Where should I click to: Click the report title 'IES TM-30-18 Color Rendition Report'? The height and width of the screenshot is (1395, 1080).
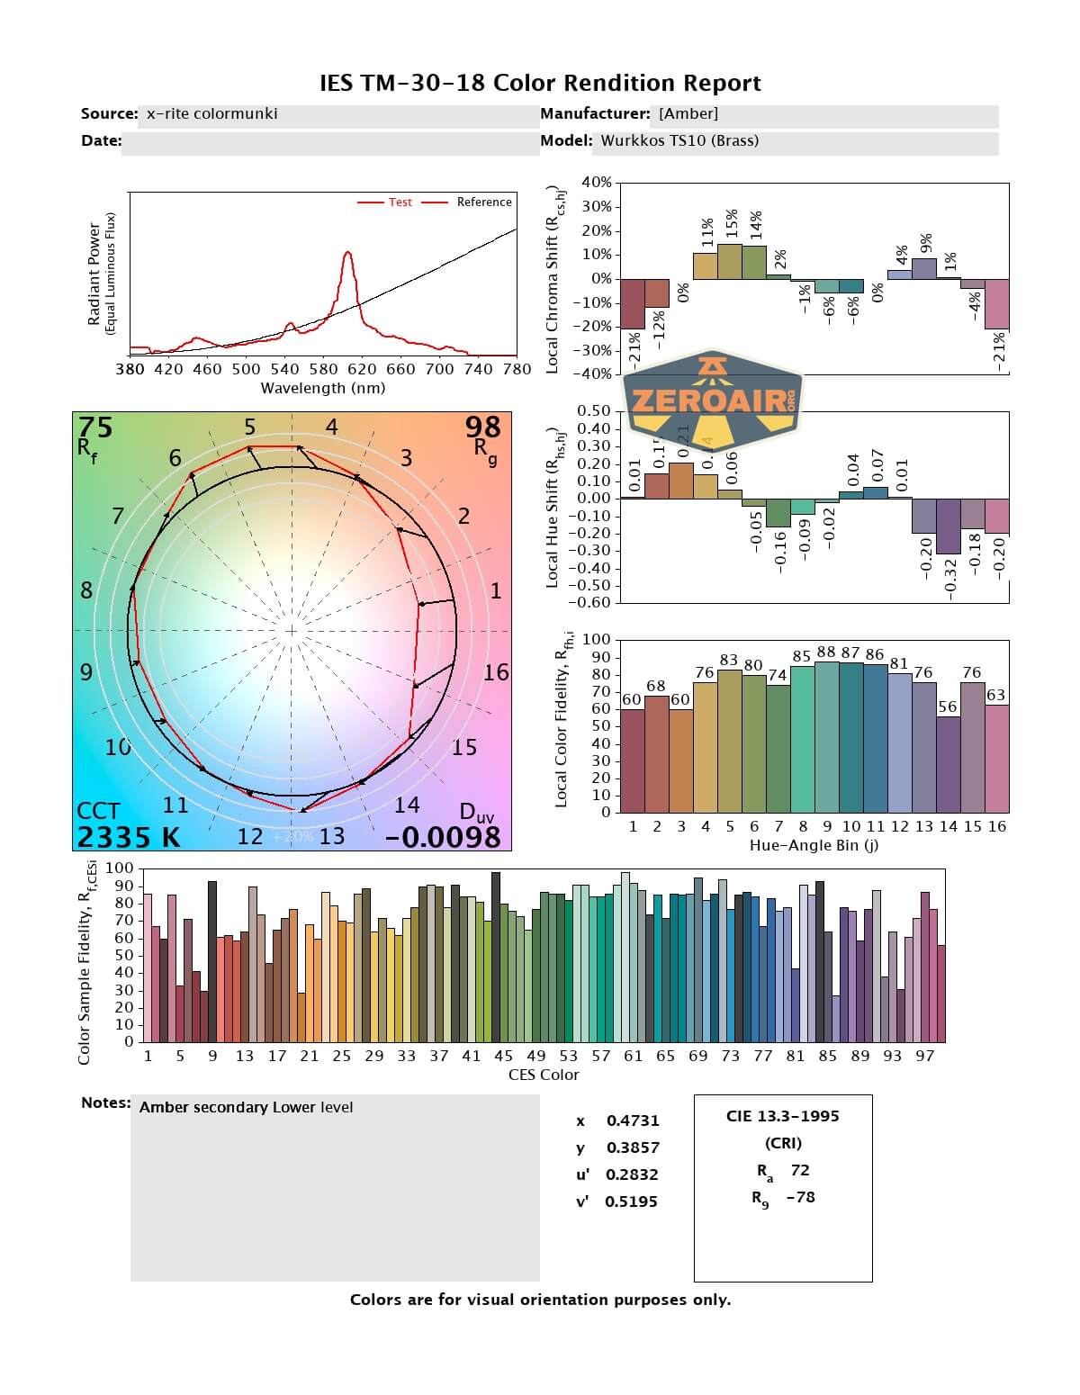[540, 84]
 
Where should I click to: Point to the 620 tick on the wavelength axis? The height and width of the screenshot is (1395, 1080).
[362, 368]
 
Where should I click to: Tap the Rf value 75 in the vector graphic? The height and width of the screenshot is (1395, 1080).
[95, 427]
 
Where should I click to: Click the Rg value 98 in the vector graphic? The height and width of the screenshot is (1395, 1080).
[483, 427]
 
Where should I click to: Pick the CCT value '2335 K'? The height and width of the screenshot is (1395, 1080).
[128, 837]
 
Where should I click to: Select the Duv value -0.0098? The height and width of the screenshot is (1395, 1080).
[443, 837]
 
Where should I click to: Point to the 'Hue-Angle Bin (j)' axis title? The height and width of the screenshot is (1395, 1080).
[814, 846]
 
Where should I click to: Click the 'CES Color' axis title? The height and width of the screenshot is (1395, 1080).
[544, 1075]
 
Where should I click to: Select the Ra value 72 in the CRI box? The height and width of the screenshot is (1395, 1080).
[800, 1170]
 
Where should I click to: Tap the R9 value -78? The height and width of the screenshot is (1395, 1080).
[800, 1197]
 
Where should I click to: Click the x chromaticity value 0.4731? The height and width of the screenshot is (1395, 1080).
[633, 1120]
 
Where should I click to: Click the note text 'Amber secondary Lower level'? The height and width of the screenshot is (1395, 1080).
[246, 1107]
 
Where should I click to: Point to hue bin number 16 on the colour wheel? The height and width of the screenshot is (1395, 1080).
[496, 672]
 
